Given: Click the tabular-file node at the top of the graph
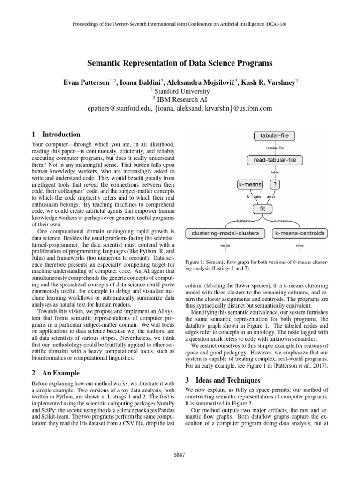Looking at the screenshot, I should pyautogui.click(x=274, y=136).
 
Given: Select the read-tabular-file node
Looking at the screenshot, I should pyautogui.click(x=275, y=160).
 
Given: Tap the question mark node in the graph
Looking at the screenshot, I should pyautogui.click(x=275, y=185).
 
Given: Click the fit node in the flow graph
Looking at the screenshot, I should pyautogui.click(x=262, y=208).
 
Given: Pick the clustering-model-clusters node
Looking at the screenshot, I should pyautogui.click(x=225, y=232).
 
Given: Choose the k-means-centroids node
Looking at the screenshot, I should pyautogui.click(x=300, y=232).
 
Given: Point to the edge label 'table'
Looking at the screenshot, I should pyautogui.click(x=275, y=172).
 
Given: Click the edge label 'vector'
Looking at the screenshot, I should pyautogui.click(x=225, y=245).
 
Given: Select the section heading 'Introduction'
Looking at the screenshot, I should pyautogui.click(x=61, y=134).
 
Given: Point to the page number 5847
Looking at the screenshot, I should pyautogui.click(x=180, y=454).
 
